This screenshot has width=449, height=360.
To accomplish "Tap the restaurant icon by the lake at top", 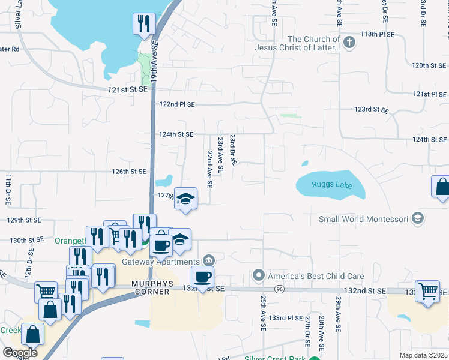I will (x=144, y=24).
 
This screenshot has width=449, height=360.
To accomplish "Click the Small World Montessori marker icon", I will (x=418, y=219).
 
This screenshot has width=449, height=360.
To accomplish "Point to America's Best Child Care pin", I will (x=259, y=276).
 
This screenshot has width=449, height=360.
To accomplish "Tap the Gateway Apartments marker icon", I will (x=209, y=260).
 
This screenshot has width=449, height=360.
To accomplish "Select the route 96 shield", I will (x=280, y=289).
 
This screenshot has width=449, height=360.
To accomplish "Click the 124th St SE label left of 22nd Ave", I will (x=176, y=134).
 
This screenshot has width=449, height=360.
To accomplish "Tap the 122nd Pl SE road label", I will (x=177, y=104).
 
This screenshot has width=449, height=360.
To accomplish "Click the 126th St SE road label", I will (x=129, y=172).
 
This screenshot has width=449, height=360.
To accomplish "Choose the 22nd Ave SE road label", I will (x=210, y=170).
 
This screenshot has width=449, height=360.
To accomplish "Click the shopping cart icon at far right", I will (x=429, y=291).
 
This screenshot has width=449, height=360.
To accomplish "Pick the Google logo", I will (x=20, y=353).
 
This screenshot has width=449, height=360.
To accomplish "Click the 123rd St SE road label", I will (x=372, y=110).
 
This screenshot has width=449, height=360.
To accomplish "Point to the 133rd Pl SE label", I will (x=286, y=317).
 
